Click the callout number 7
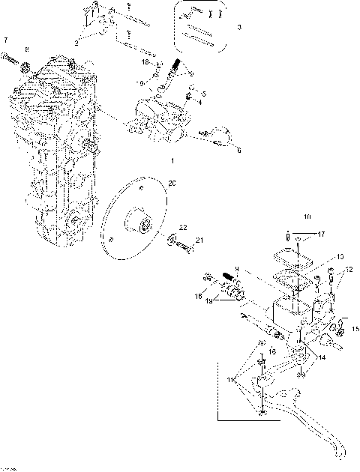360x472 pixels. pos(6,39)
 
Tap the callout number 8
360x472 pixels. pos(27,49)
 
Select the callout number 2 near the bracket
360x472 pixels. pos(76,43)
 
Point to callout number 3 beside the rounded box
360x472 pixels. pos(239,27)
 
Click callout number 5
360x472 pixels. pos(203,93)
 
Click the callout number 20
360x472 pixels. pos(172,183)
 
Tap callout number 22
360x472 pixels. pos(182,227)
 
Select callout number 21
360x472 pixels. pos(199,240)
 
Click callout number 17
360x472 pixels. pos(321,235)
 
